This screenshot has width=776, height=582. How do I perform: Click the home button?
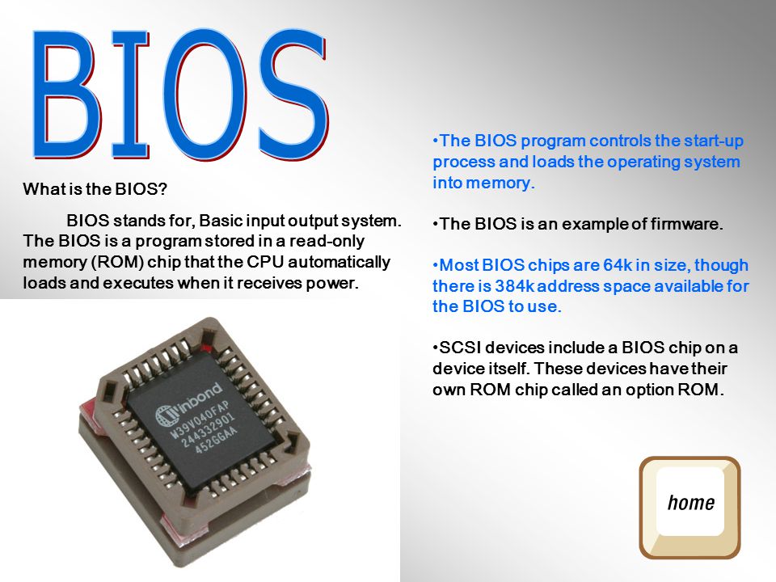[x=690, y=508]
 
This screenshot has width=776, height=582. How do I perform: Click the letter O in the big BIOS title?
[x=205, y=94]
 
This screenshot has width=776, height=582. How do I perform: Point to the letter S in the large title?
[x=293, y=94]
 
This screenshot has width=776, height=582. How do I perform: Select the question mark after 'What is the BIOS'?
[x=162, y=188]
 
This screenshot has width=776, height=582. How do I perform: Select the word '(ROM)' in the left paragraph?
[x=117, y=262]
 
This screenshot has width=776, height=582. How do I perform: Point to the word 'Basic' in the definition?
[x=220, y=220]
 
